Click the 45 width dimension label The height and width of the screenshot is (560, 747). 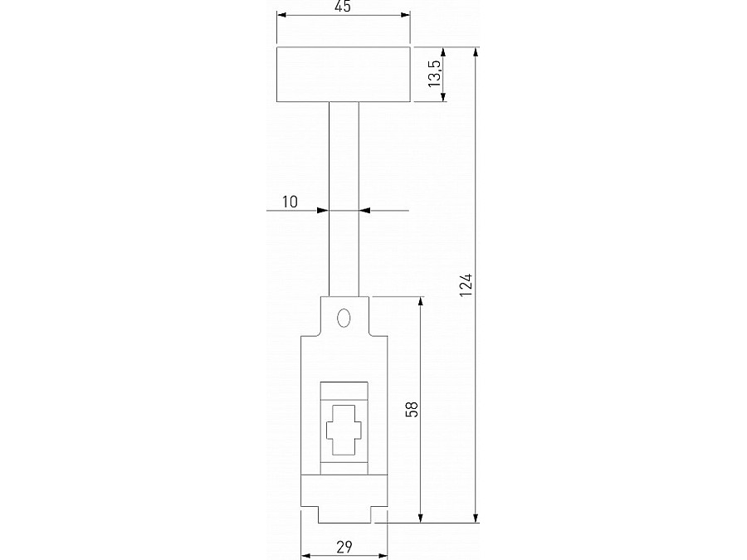coord(343,7)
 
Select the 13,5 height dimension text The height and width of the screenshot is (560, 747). coord(433,75)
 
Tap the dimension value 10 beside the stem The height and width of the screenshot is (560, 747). coord(290,202)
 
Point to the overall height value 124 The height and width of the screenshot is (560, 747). coord(466,285)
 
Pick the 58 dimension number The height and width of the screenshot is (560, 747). coord(413,409)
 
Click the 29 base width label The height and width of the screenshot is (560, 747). coord(344,546)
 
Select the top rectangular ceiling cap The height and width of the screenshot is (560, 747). coord(343,75)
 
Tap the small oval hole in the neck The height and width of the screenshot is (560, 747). coord(343,319)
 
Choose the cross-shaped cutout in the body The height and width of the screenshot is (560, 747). coord(343,431)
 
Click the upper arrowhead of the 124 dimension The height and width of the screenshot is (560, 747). coord(476,52)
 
